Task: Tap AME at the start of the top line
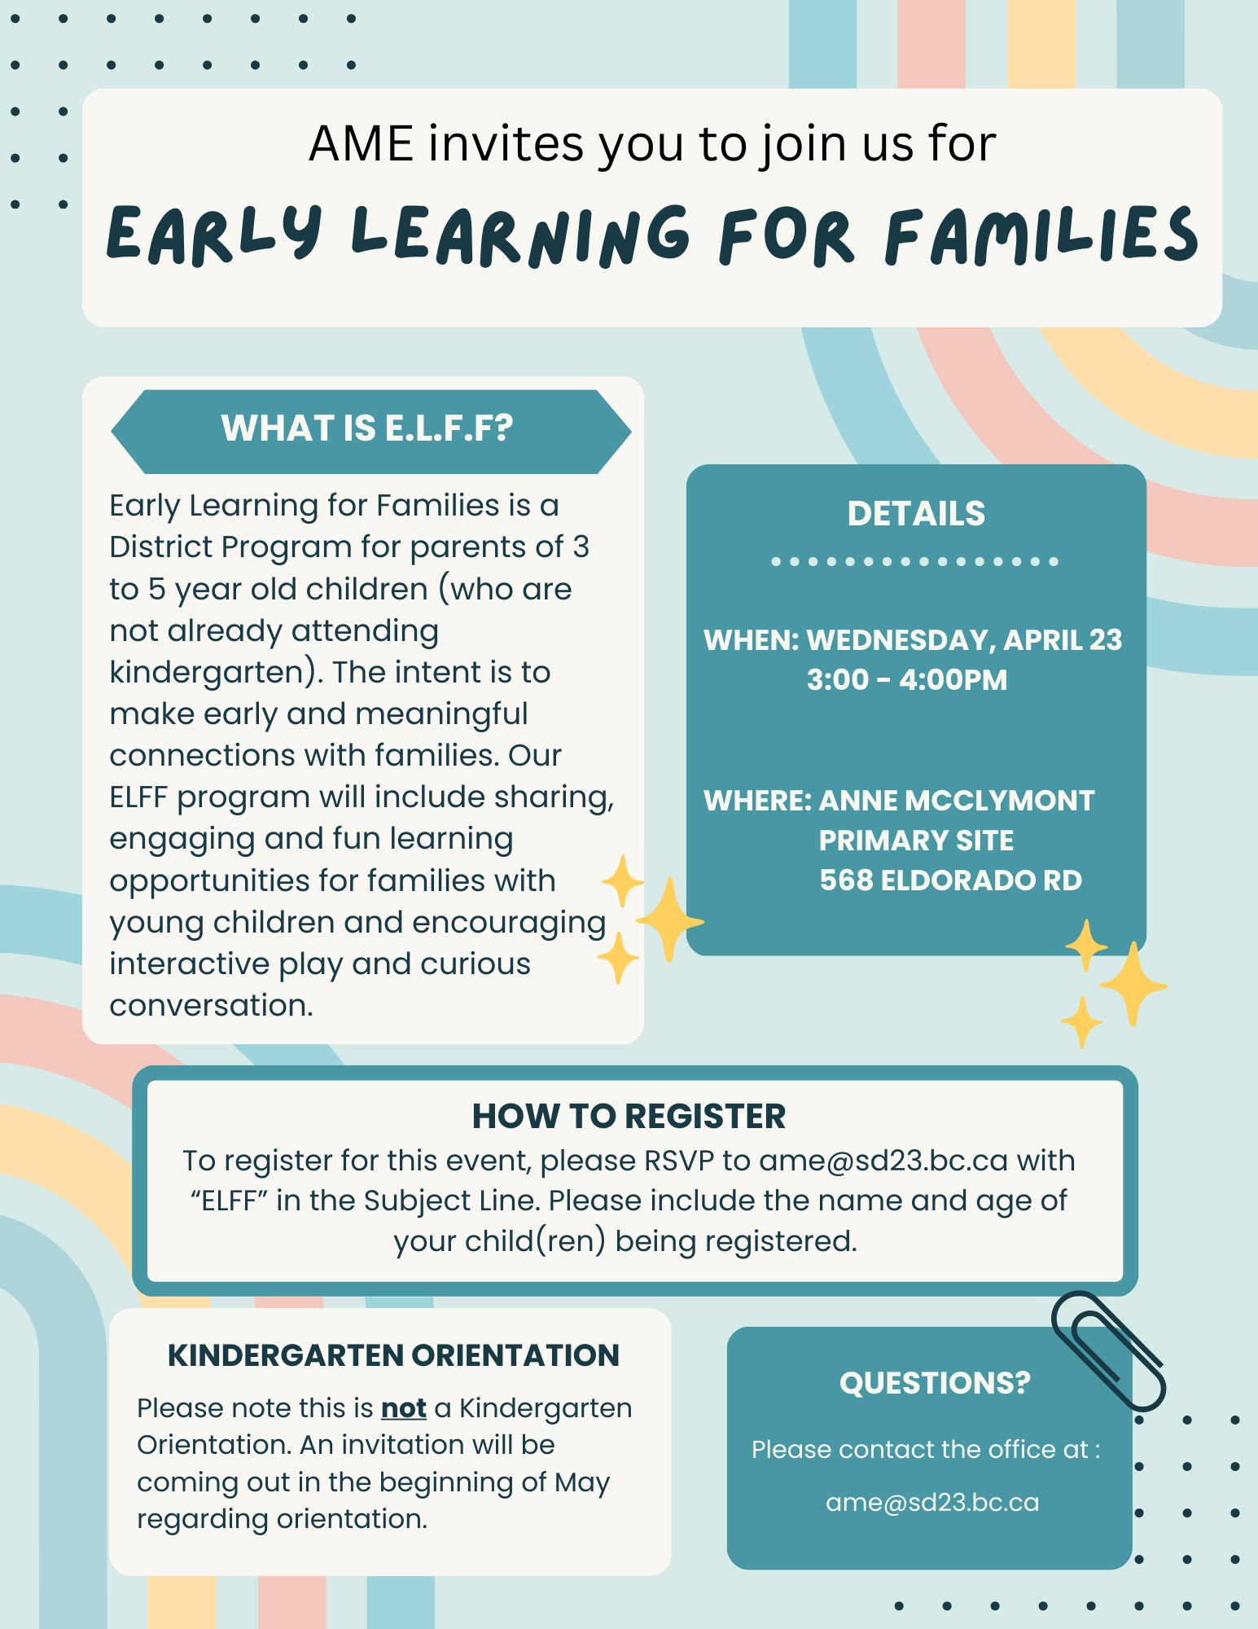coord(361,144)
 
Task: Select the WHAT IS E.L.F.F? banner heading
coord(367,429)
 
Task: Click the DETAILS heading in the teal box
coord(916,514)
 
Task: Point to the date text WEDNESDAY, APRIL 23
coord(964,640)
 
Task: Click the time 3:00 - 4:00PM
coord(906,680)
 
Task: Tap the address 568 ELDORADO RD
coord(950,880)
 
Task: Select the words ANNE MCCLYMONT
coord(956,801)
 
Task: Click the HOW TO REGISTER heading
coord(629,1117)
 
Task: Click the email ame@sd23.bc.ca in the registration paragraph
coord(883,1161)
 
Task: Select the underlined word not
coord(404,1408)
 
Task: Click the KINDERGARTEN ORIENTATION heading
coord(393,1355)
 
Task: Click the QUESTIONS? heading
coord(935,1383)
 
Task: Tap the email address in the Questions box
coord(932,1503)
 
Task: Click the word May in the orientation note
coord(582,1482)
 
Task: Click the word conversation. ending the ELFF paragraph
coord(211,1006)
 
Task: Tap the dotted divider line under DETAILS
coord(914,561)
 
